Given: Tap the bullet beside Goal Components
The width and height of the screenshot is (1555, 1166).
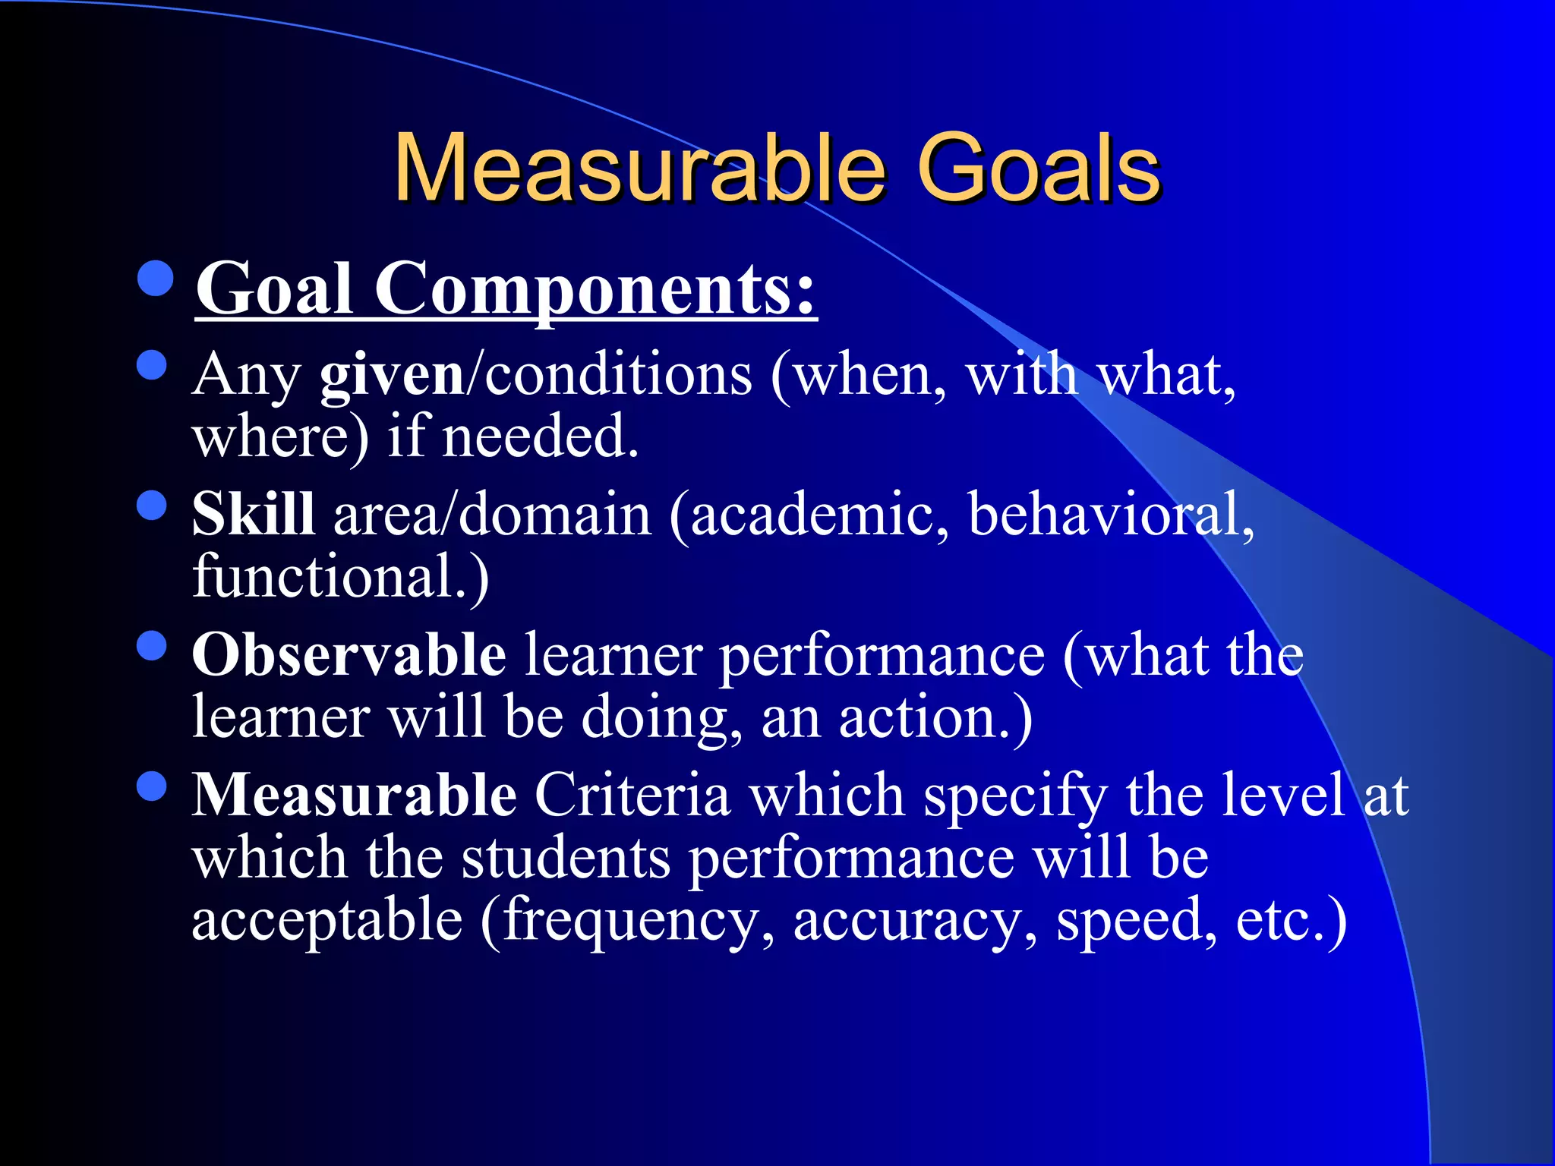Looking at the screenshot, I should point(156,279).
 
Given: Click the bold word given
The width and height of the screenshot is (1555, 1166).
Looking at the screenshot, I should point(392,375).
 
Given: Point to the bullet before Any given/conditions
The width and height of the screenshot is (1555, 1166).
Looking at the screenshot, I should point(152,365).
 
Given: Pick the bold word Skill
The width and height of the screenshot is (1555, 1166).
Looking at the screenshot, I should point(253,515).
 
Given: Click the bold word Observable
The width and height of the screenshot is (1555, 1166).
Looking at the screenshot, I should point(349,654).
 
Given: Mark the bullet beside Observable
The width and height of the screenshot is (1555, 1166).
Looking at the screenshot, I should point(152,646).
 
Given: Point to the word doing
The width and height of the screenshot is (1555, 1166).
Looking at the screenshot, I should point(661,718).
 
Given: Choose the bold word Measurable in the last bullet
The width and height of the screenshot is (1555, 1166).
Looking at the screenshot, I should point(354,795).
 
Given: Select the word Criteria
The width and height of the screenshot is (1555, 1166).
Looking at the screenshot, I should point(632,795).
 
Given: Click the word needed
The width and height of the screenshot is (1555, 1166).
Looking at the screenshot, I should point(540,437).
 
